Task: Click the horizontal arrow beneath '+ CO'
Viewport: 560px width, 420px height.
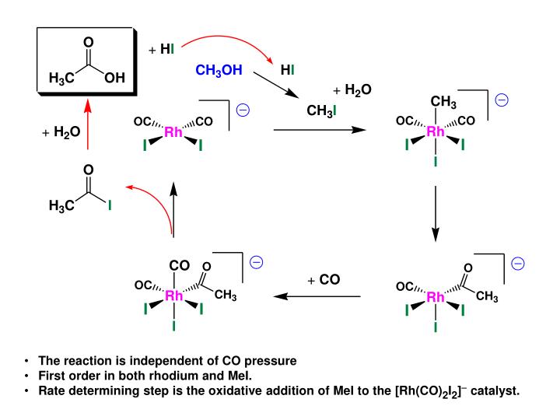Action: [317, 296]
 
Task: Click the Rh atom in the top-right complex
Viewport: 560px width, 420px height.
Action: [436, 132]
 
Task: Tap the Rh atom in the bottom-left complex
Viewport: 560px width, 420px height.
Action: [173, 296]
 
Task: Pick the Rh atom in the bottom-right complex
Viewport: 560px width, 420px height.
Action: [436, 296]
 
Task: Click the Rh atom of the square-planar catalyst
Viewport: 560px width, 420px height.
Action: [173, 133]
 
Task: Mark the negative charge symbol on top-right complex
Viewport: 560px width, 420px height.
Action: [502, 100]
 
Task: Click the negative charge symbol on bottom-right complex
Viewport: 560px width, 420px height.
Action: [517, 264]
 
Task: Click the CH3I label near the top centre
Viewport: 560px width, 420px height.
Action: [321, 111]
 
